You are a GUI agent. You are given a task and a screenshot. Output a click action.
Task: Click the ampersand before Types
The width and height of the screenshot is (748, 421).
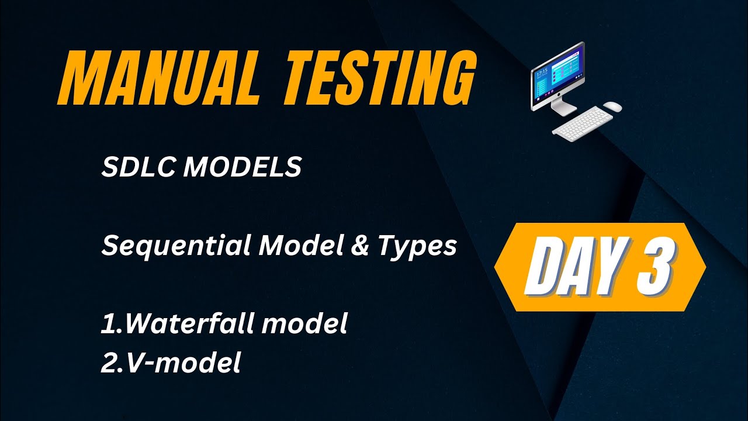click(x=362, y=246)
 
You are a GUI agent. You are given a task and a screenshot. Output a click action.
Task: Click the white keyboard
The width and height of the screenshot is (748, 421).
click(x=582, y=123)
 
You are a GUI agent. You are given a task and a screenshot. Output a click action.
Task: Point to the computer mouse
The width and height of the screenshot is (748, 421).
click(x=612, y=106)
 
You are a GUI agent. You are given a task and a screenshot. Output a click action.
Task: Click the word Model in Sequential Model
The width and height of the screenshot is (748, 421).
click(x=299, y=246)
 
